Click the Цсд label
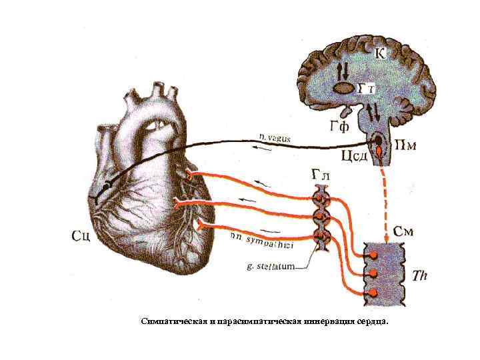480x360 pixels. coord(353,157)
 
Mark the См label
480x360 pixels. coord(403,232)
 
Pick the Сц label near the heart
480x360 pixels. coord(81,235)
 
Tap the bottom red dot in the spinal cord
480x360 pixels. coord(373,293)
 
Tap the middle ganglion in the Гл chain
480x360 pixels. coord(321,217)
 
